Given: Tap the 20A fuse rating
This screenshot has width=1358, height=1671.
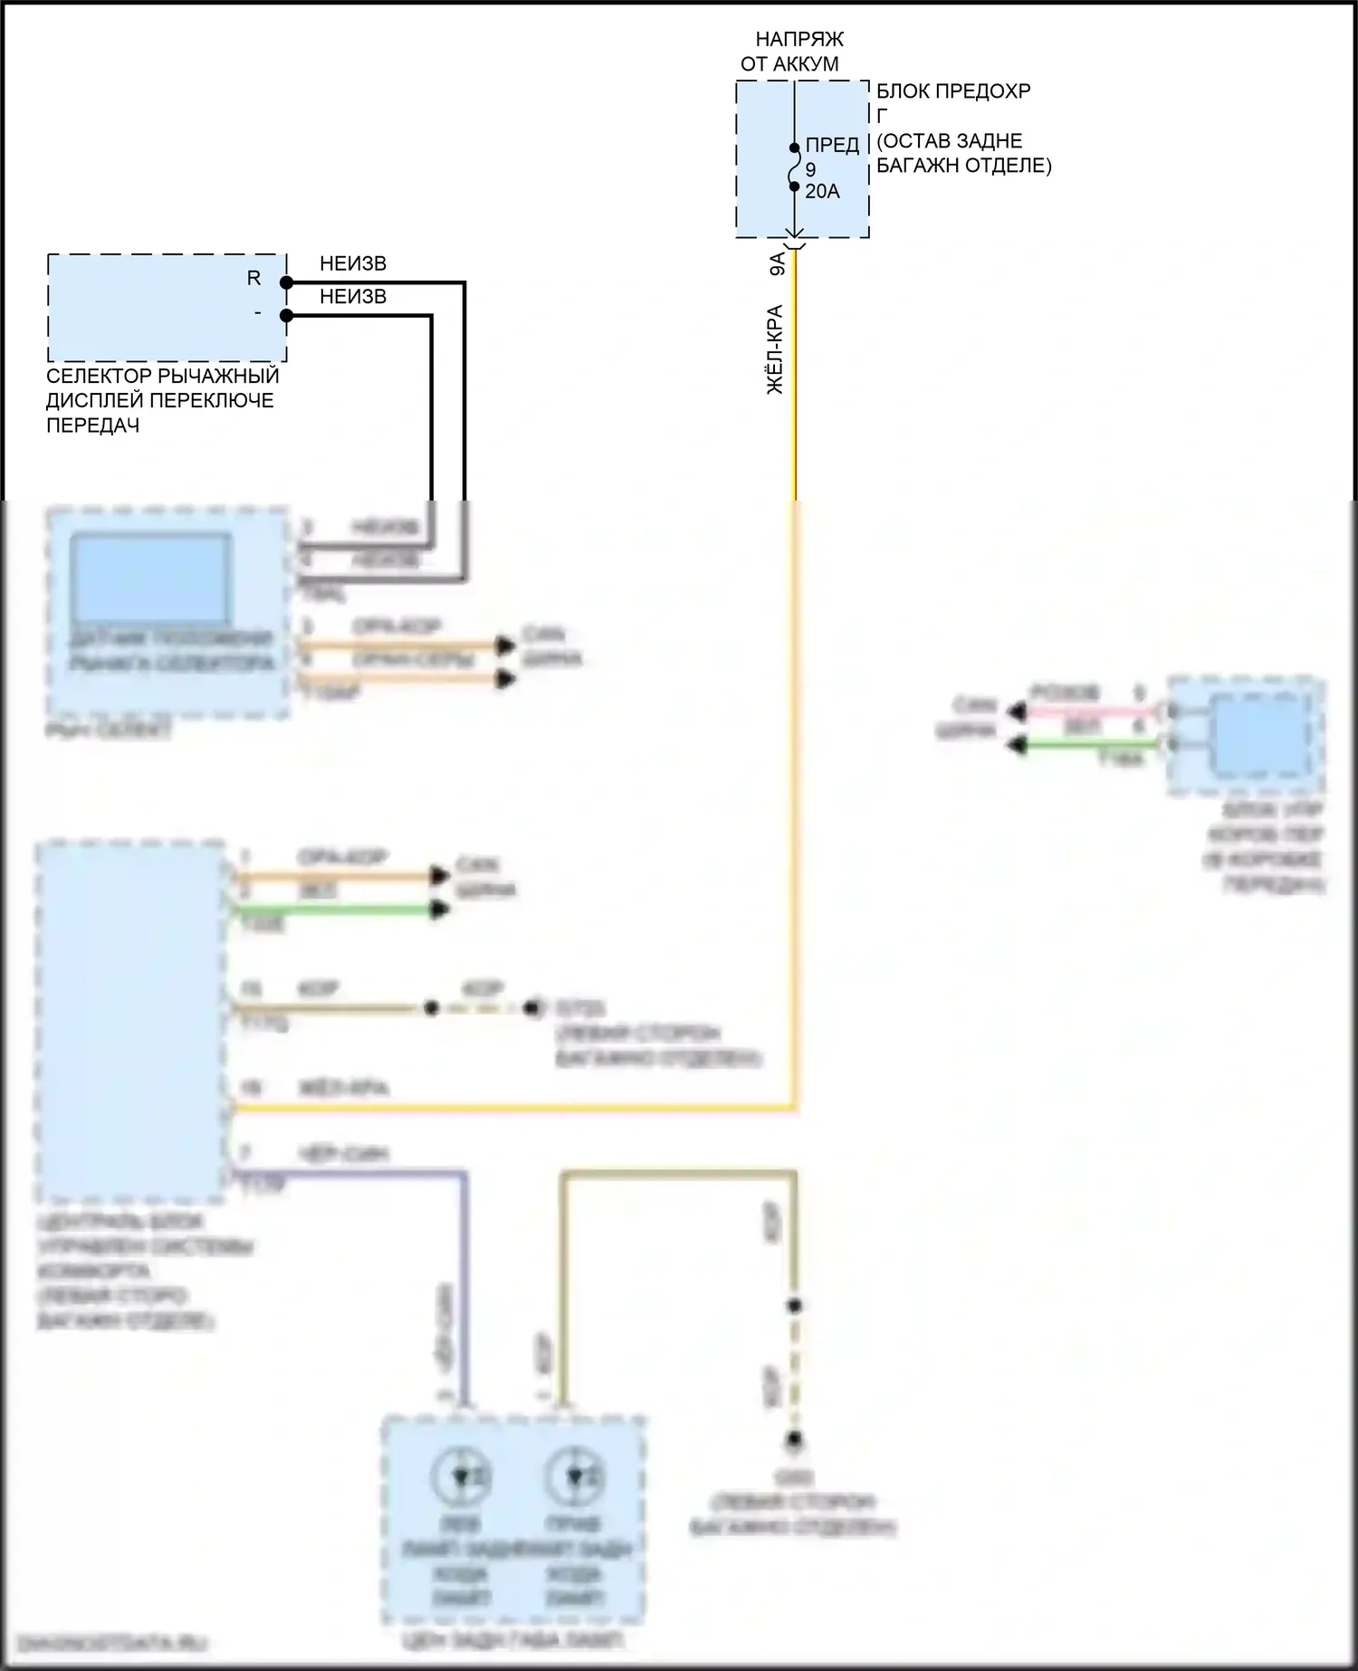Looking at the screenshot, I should pyautogui.click(x=822, y=192).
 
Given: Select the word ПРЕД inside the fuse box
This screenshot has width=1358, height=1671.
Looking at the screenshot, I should pyautogui.click(x=832, y=146).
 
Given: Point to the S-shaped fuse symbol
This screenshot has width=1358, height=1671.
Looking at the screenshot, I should pyautogui.click(x=795, y=168).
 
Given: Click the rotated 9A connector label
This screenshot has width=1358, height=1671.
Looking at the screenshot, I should pyautogui.click(x=777, y=265).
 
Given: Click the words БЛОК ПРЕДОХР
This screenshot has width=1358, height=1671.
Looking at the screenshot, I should pyautogui.click(x=953, y=91).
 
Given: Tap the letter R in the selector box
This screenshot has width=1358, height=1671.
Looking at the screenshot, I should pyautogui.click(x=253, y=279).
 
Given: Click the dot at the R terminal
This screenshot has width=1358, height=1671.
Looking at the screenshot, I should pyautogui.click(x=286, y=283).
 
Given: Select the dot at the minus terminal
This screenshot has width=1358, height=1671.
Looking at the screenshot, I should pyautogui.click(x=286, y=316).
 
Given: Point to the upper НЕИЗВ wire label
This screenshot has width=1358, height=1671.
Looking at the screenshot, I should pyautogui.click(x=353, y=264).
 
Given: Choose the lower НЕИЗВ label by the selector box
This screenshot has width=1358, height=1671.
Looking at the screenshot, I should pyautogui.click(x=353, y=297).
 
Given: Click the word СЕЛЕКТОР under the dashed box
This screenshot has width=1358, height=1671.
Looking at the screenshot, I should pyautogui.click(x=99, y=376).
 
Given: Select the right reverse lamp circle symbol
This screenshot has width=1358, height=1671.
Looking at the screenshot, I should pyautogui.click(x=574, y=1476).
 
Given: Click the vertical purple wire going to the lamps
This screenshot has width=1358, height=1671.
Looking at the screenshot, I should pyautogui.click(x=465, y=1285).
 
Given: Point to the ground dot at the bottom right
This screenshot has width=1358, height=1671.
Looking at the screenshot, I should pyautogui.click(x=794, y=1439).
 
